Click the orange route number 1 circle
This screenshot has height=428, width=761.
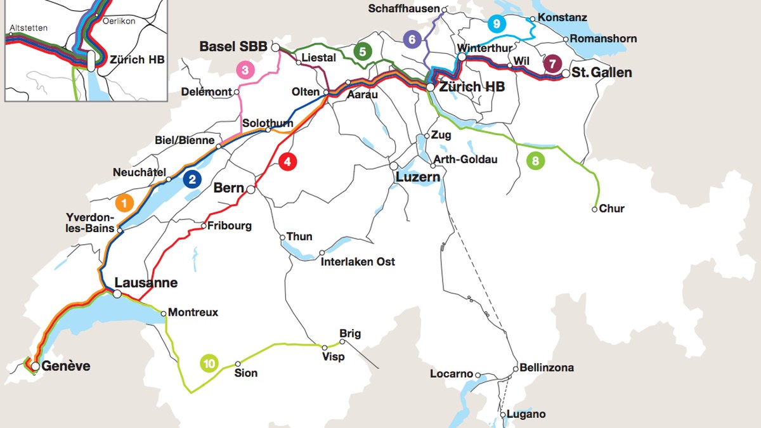[124, 204]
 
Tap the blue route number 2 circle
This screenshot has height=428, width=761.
[192, 179]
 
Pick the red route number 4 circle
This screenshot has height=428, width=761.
[287, 162]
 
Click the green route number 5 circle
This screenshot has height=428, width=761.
[362, 52]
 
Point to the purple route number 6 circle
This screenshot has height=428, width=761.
[412, 39]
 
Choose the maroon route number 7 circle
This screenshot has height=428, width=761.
[552, 64]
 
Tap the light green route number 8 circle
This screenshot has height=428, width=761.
[535, 161]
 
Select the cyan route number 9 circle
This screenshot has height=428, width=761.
[497, 25]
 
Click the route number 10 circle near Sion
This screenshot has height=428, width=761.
[209, 364]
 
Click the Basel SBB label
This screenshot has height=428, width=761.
[233, 47]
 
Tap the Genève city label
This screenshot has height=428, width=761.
[67, 366]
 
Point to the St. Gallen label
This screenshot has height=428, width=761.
[602, 73]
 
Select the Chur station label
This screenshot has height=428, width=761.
[612, 209]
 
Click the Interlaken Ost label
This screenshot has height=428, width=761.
[358, 262]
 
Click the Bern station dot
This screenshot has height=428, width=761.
[251, 190]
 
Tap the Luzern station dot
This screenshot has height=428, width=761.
[393, 165]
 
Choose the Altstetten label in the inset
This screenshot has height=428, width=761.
[25, 29]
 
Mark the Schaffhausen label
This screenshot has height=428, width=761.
[405, 9]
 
